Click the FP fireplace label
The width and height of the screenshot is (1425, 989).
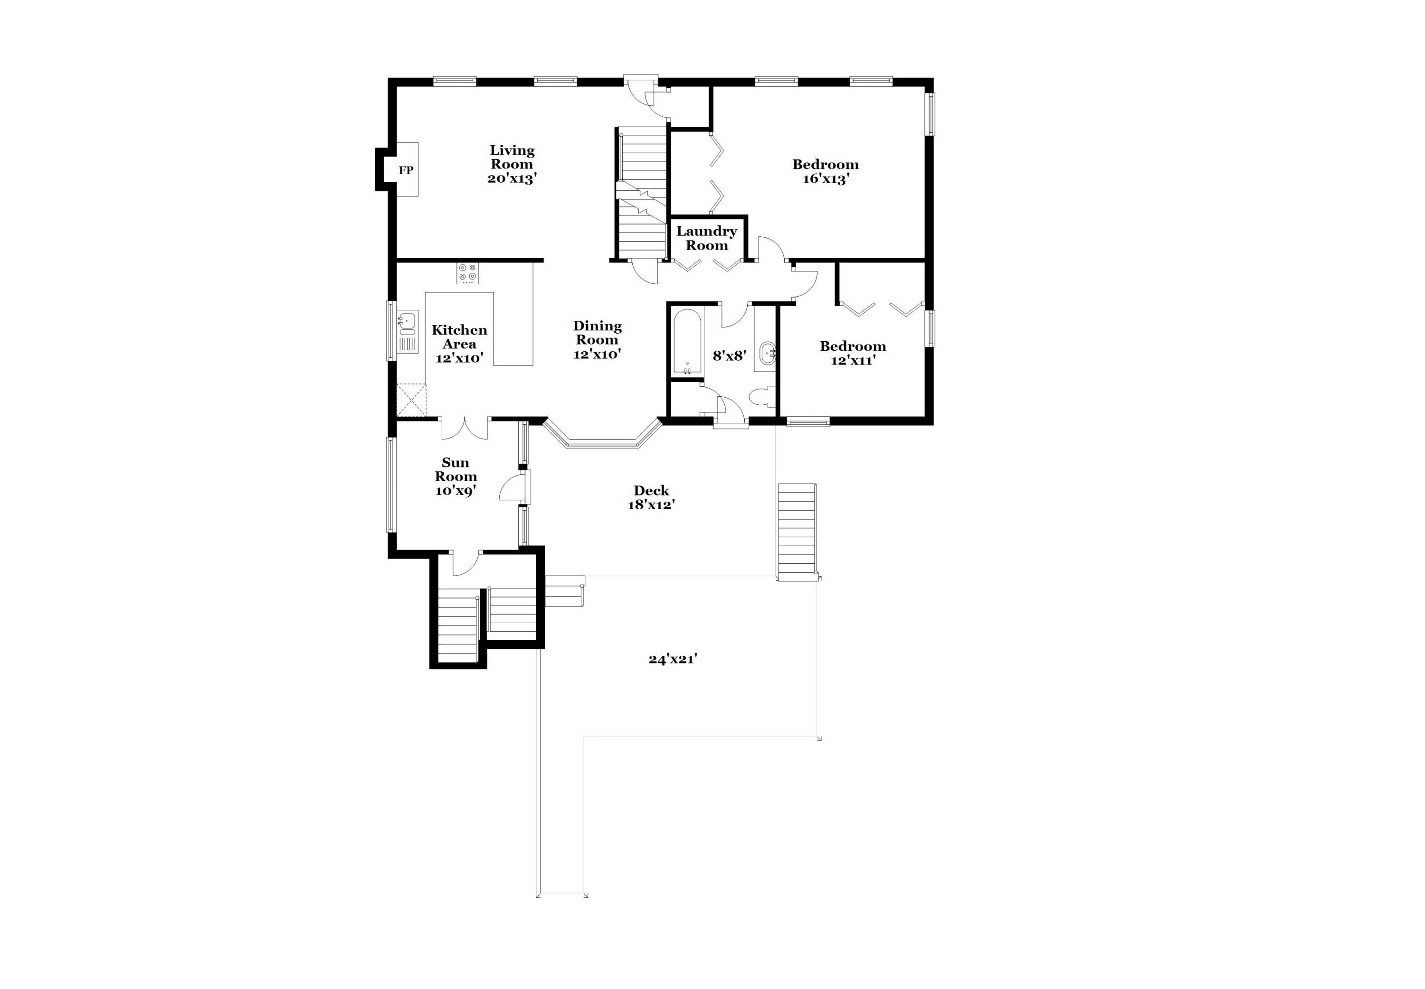[x=406, y=170]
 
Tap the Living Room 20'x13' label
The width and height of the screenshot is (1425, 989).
[x=512, y=164]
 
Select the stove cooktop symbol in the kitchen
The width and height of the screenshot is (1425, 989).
[x=467, y=273]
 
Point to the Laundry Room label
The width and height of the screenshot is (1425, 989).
[x=706, y=238]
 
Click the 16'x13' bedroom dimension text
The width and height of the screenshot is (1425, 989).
[x=826, y=179]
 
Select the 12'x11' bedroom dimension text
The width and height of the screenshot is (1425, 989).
[x=853, y=361]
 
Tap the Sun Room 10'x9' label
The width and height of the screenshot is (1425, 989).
[x=456, y=476]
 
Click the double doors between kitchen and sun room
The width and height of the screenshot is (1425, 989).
[x=465, y=428]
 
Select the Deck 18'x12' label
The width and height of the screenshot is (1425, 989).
[x=651, y=498]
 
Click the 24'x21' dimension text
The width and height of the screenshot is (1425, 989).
[x=673, y=659]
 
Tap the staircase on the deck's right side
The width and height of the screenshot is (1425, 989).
[x=798, y=531]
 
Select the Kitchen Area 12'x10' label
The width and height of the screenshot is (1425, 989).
[x=459, y=344]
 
